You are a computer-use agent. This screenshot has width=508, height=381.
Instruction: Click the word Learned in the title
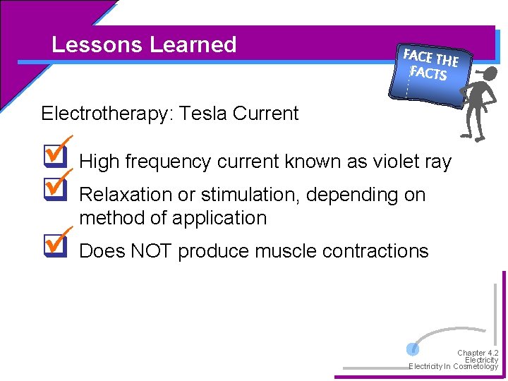[x=193, y=45]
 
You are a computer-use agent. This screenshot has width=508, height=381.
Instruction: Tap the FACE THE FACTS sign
[x=429, y=65]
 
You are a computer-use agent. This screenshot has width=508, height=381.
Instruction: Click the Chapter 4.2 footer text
[x=478, y=353]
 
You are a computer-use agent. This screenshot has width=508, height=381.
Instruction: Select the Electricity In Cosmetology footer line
[x=454, y=367]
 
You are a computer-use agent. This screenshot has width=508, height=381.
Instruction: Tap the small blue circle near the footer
[x=413, y=349]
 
